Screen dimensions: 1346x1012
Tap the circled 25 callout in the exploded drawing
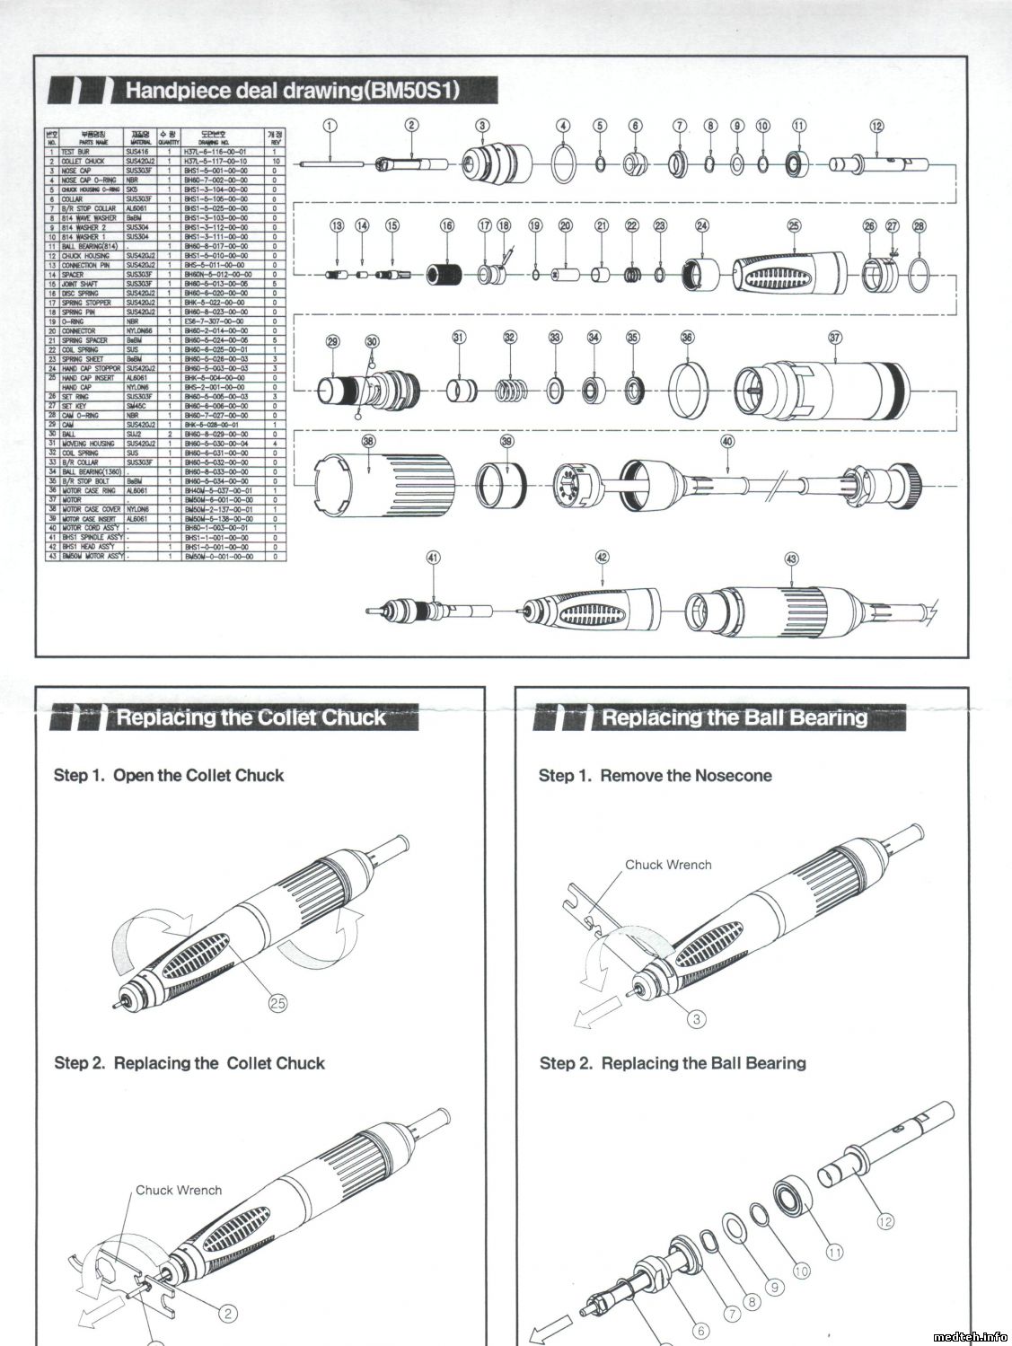point(794,226)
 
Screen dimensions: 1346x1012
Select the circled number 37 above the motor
point(835,338)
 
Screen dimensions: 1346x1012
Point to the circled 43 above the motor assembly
point(791,559)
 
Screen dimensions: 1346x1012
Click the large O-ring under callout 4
point(563,164)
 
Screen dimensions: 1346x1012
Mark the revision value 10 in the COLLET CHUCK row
point(275,161)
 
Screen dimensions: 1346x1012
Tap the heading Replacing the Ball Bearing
point(735,717)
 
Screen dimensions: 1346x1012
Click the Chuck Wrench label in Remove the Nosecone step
point(668,865)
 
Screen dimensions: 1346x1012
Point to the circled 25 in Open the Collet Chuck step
point(278,1004)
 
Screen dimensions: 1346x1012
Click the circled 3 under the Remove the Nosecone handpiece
point(697,1018)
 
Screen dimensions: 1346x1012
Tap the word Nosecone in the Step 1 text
point(733,776)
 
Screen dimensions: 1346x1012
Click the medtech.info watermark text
point(970,1337)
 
